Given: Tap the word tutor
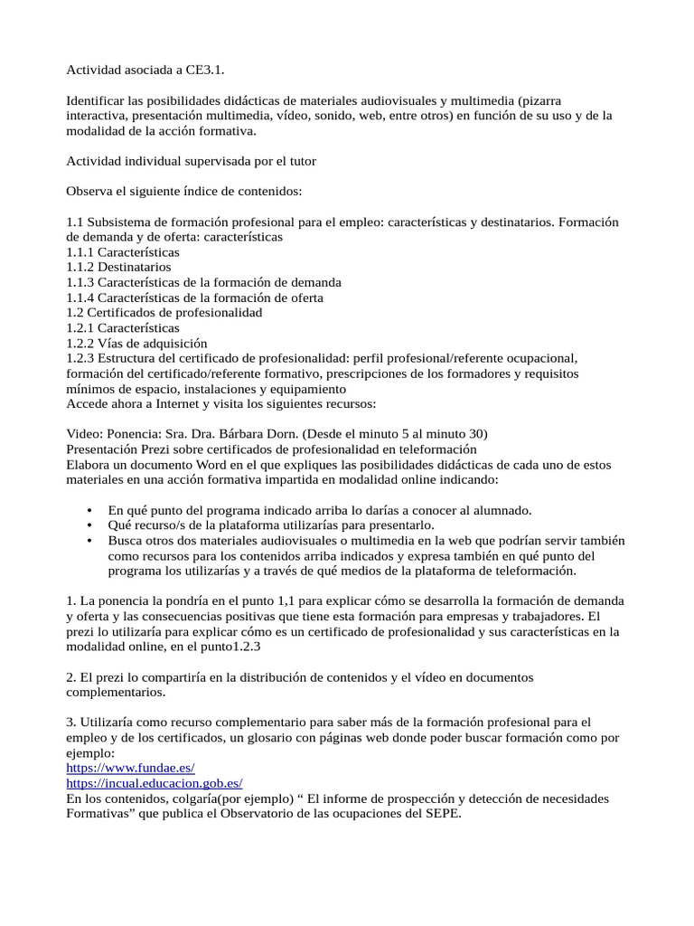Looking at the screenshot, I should coord(299,161).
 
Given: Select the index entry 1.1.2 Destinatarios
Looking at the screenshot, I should coord(118,267).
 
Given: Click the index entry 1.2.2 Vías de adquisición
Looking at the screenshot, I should coord(137,344).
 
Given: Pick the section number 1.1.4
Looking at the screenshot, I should coord(80,298).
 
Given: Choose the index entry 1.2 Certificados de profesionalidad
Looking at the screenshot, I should coord(164,313).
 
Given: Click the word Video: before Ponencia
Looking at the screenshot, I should coord(86,433).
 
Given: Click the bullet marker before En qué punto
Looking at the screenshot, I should coord(89,510).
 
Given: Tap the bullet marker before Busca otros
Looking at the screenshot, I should coord(89,541).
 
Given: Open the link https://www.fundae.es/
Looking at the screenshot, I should coord(131,768).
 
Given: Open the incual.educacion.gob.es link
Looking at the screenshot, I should coord(155,783).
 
